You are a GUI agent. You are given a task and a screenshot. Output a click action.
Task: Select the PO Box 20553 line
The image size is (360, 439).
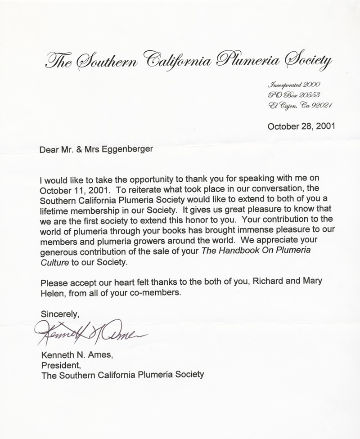tap(294, 95)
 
